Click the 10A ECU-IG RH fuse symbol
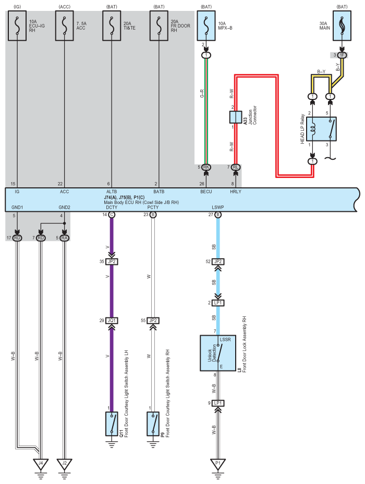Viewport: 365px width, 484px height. [x=17, y=26]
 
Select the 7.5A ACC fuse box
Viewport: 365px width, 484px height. [x=64, y=26]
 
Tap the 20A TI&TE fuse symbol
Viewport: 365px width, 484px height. [x=112, y=26]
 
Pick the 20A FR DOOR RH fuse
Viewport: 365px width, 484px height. [x=159, y=26]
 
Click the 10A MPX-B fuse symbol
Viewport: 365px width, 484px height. [x=206, y=26]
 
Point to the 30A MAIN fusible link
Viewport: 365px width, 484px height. [x=342, y=26]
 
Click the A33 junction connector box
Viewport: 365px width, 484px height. [x=236, y=117]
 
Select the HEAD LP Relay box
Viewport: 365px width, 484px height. [x=321, y=129]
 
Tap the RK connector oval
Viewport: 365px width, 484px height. [x=206, y=167]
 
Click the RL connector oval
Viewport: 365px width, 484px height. [x=236, y=167]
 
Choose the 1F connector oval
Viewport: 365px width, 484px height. [x=342, y=55]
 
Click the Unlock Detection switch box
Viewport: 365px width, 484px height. [x=218, y=353]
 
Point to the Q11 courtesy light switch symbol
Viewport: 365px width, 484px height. [x=112, y=424]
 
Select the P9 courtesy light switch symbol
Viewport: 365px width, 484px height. [x=153, y=424]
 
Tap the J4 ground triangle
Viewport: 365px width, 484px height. [x=41, y=464]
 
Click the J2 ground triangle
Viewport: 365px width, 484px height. [x=64, y=464]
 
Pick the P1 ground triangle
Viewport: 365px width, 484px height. [x=218, y=464]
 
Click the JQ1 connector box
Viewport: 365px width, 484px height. [x=112, y=321]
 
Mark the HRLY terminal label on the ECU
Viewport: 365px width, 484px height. [x=236, y=192]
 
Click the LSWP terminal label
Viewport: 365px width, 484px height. [x=218, y=208]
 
